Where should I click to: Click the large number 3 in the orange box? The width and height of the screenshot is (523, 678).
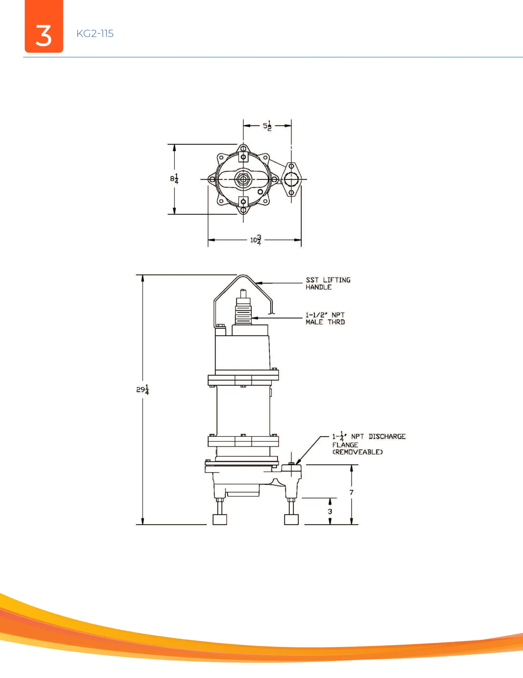click(43, 36)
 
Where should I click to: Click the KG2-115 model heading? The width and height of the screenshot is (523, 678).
click(95, 34)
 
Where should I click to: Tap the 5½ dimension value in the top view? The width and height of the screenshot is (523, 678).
click(268, 126)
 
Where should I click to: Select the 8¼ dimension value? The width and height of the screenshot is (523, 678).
click(174, 179)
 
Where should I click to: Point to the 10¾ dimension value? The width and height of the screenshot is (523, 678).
click(256, 240)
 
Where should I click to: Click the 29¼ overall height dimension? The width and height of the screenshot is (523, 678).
click(143, 390)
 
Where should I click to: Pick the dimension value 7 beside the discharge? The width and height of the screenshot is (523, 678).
click(351, 492)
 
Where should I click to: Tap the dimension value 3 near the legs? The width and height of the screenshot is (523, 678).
click(330, 511)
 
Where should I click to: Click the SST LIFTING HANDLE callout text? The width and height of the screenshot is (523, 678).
click(328, 283)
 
